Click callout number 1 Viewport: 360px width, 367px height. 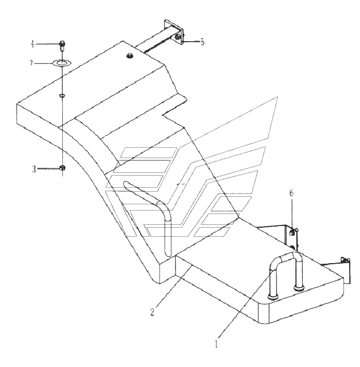[216, 344]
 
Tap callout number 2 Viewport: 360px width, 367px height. [153, 312]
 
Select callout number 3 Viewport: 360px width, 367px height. [34, 169]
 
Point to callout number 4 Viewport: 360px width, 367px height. [33, 44]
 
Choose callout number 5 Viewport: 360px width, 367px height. [202, 42]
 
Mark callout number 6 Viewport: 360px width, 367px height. [291, 193]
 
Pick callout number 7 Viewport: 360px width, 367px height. [31, 63]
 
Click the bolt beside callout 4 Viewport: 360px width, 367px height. [62, 46]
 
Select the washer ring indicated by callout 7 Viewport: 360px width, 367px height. [62, 63]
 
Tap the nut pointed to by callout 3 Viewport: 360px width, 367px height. [63, 168]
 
